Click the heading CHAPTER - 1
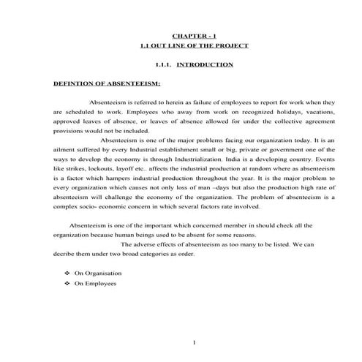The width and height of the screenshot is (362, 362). point(194,35)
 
